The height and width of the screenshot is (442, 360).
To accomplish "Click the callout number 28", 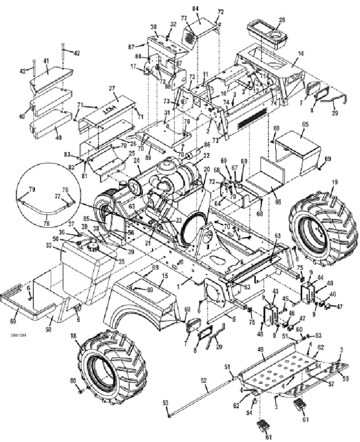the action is point(282,20).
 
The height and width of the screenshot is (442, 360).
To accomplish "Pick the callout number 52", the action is point(203,380).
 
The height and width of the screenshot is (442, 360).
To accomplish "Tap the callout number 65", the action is point(305,124).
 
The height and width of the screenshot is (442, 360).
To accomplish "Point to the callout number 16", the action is point(300,54).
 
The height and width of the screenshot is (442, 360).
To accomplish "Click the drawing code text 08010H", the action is point(18,333).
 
